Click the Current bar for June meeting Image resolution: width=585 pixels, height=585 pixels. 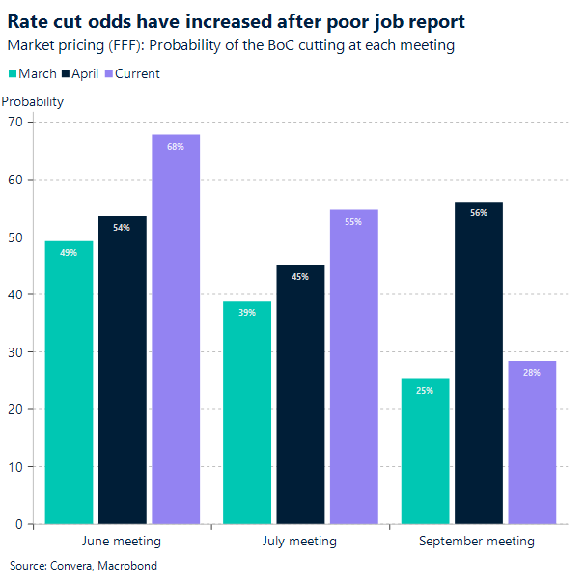[176, 329]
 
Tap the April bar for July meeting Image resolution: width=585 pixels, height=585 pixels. [300, 395]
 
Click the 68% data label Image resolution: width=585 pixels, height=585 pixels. [176, 148]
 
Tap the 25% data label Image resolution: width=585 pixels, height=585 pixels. [425, 391]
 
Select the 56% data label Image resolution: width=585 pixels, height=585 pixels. [479, 213]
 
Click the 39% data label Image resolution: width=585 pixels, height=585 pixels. [246, 314]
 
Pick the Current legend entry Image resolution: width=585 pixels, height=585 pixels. [137, 74]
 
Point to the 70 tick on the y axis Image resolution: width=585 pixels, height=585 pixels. [14, 122]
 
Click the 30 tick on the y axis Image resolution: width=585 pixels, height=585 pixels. [14, 352]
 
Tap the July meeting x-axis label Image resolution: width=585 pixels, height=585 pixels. [299, 542]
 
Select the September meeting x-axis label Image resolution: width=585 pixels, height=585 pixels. [477, 542]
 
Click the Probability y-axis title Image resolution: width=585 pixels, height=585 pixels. [33, 101]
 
